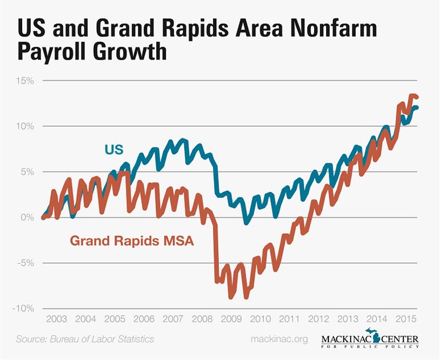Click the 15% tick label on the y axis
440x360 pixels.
26,80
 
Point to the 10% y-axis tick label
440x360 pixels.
26,126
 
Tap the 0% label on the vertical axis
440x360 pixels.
28,217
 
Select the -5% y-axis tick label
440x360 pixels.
26,263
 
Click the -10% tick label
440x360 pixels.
24,308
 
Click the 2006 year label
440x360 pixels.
144,319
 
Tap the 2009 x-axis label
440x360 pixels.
231,319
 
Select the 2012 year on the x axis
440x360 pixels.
319,319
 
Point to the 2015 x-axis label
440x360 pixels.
406,319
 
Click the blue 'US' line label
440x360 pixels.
115,150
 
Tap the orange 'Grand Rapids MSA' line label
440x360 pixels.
132,241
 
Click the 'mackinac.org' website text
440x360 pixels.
279,339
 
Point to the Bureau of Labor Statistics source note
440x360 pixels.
85,339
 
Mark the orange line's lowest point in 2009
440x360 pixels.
231,297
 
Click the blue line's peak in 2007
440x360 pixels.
182,140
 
